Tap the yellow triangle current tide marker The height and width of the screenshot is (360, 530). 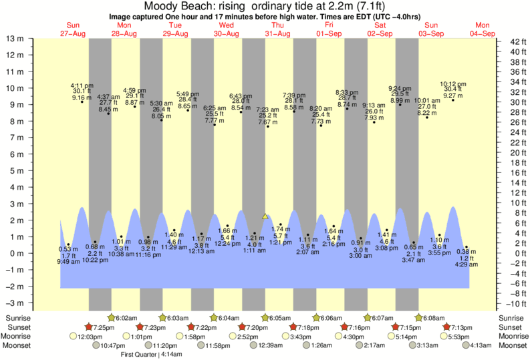pyautogui.click(x=265, y=216)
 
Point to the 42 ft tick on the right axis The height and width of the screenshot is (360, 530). pyautogui.click(x=511, y=42)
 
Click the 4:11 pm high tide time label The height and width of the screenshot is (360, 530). pyautogui.click(x=82, y=85)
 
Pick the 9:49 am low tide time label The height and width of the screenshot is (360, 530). pyautogui.click(x=69, y=262)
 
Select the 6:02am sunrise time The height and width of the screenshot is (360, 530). pyautogui.click(x=127, y=318)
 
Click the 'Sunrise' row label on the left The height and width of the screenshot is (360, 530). pyautogui.click(x=19, y=318)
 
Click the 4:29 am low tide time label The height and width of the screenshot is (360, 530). pyautogui.click(x=466, y=264)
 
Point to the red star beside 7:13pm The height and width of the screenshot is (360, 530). pyautogui.click(x=446, y=327)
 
